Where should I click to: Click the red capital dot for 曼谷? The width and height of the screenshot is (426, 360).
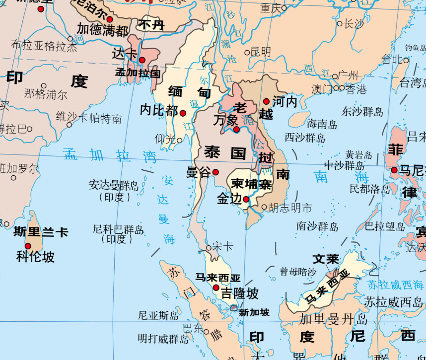(215, 172)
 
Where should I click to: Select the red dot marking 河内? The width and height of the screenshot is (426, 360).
(266, 101)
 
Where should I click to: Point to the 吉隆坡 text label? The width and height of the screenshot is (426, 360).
(240, 293)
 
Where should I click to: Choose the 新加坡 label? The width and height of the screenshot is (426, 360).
(254, 312)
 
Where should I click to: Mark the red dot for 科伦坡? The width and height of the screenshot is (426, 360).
(28, 246)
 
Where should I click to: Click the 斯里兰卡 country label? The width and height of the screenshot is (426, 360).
(41, 232)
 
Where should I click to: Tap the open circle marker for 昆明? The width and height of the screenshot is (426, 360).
(247, 52)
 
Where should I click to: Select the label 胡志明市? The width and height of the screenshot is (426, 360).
(290, 208)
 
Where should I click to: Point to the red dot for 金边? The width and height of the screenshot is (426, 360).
(246, 199)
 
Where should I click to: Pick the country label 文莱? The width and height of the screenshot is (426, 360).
(326, 259)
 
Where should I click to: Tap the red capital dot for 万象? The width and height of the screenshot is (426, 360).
(236, 130)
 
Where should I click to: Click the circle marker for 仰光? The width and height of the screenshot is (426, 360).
(179, 140)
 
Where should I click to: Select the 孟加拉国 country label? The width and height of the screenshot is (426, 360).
(138, 72)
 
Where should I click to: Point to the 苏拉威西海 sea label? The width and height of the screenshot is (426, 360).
(395, 285)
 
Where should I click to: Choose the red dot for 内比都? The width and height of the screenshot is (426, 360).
(183, 113)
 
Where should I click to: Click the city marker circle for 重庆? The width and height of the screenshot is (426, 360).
(284, 8)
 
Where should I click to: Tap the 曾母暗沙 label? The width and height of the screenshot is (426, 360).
(298, 272)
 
